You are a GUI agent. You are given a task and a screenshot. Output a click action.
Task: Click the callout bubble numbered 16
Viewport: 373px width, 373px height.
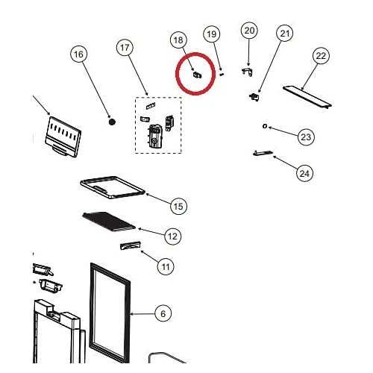(79, 54)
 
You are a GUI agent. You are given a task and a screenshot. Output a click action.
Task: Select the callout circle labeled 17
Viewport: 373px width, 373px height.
(125, 47)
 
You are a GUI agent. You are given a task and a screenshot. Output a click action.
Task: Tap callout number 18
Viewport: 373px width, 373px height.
(178, 40)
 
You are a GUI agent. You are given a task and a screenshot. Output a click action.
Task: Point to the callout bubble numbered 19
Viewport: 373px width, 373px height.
(212, 34)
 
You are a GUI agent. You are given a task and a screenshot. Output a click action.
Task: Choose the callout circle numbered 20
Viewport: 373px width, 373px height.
(249, 30)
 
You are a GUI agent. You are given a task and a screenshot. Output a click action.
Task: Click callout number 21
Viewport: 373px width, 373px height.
(285, 33)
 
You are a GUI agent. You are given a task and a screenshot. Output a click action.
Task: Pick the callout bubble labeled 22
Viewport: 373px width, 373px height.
(321, 55)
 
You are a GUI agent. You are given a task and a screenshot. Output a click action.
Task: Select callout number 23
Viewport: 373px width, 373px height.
(306, 137)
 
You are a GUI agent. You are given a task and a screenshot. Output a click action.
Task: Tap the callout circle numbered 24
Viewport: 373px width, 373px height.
(304, 173)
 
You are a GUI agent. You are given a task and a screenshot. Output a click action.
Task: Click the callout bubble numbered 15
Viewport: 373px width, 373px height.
(178, 206)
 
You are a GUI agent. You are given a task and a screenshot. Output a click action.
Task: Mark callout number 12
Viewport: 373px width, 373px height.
(173, 236)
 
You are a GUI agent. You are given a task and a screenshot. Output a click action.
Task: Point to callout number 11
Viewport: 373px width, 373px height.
(166, 267)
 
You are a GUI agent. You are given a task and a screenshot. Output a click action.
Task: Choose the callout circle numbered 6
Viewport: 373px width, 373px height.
(163, 313)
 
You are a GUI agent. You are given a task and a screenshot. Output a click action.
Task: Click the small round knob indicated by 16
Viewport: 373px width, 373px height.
(112, 122)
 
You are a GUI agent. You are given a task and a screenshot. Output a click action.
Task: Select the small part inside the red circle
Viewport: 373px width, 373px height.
(198, 75)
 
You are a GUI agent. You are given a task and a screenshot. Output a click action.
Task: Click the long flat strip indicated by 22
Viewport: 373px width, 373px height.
(307, 97)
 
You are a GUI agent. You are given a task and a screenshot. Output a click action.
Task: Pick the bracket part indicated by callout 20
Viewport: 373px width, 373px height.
(248, 72)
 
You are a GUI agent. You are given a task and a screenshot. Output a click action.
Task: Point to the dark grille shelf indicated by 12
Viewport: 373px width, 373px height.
(109, 222)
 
